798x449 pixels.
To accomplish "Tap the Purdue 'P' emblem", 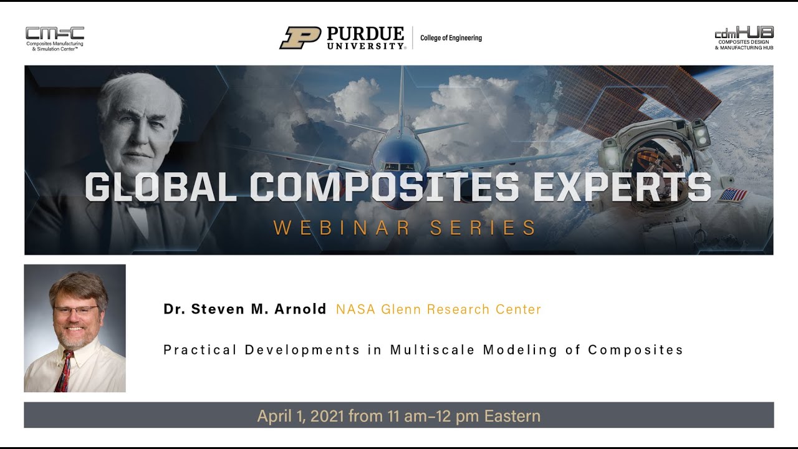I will click(x=300, y=37).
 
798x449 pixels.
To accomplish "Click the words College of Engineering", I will click(x=451, y=38).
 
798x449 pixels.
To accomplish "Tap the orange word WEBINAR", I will click(x=342, y=228).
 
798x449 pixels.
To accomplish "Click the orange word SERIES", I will click(x=483, y=228).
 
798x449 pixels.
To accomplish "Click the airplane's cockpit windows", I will click(x=399, y=167).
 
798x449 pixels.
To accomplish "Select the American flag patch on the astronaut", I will click(x=731, y=196).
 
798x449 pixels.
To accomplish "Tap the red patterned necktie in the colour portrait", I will click(x=64, y=371).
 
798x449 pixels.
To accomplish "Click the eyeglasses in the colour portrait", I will click(x=75, y=309).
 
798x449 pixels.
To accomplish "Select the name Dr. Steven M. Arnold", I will click(x=245, y=309).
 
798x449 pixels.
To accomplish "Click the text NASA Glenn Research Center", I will click(x=438, y=309).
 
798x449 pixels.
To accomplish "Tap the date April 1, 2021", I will click(x=300, y=416).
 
